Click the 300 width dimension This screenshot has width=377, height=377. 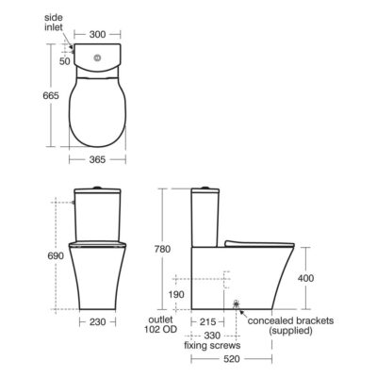point(97,34)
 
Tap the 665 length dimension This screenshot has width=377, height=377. point(51,95)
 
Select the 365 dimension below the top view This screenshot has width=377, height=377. point(97,160)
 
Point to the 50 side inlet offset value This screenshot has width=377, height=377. point(65,61)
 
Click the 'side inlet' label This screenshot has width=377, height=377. point(54,23)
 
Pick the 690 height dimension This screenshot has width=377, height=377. point(56,255)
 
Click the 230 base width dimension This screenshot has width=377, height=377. point(97,321)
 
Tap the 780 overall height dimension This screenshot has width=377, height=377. point(162,249)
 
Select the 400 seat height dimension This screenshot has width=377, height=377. point(305,278)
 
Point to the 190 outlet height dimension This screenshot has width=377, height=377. point(176,295)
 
